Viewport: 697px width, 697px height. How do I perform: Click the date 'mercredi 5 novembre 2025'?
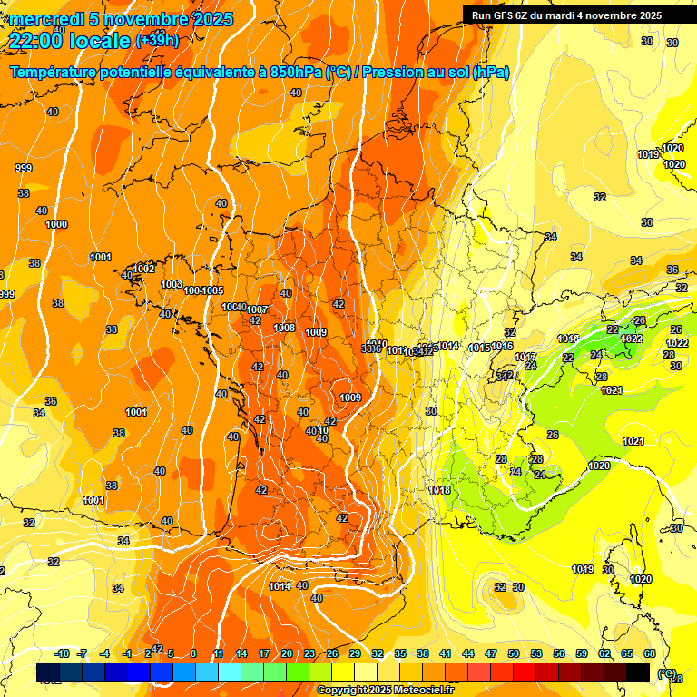[x=122, y=19]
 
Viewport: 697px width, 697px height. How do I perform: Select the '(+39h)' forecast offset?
[x=158, y=41]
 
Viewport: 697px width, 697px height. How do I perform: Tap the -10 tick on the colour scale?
[x=61, y=654]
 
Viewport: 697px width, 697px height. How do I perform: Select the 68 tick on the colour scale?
[x=650, y=654]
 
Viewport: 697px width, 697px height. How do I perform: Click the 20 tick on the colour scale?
[x=287, y=654]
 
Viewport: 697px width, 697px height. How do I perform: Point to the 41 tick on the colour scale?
[x=446, y=654]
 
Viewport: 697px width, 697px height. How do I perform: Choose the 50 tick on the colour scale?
[x=514, y=654]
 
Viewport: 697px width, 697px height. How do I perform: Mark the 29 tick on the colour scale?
[x=355, y=654]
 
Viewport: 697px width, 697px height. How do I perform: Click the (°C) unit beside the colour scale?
[x=666, y=674]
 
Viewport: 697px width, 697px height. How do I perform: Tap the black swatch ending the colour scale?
[x=638, y=672]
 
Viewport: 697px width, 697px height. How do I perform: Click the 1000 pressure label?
[x=56, y=224]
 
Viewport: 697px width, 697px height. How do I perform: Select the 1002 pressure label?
[x=144, y=269]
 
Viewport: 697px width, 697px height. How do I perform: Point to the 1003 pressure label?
[x=172, y=284]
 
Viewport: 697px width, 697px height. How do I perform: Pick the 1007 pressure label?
[x=257, y=310]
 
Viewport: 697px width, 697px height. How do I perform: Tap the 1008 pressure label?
[x=284, y=328]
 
